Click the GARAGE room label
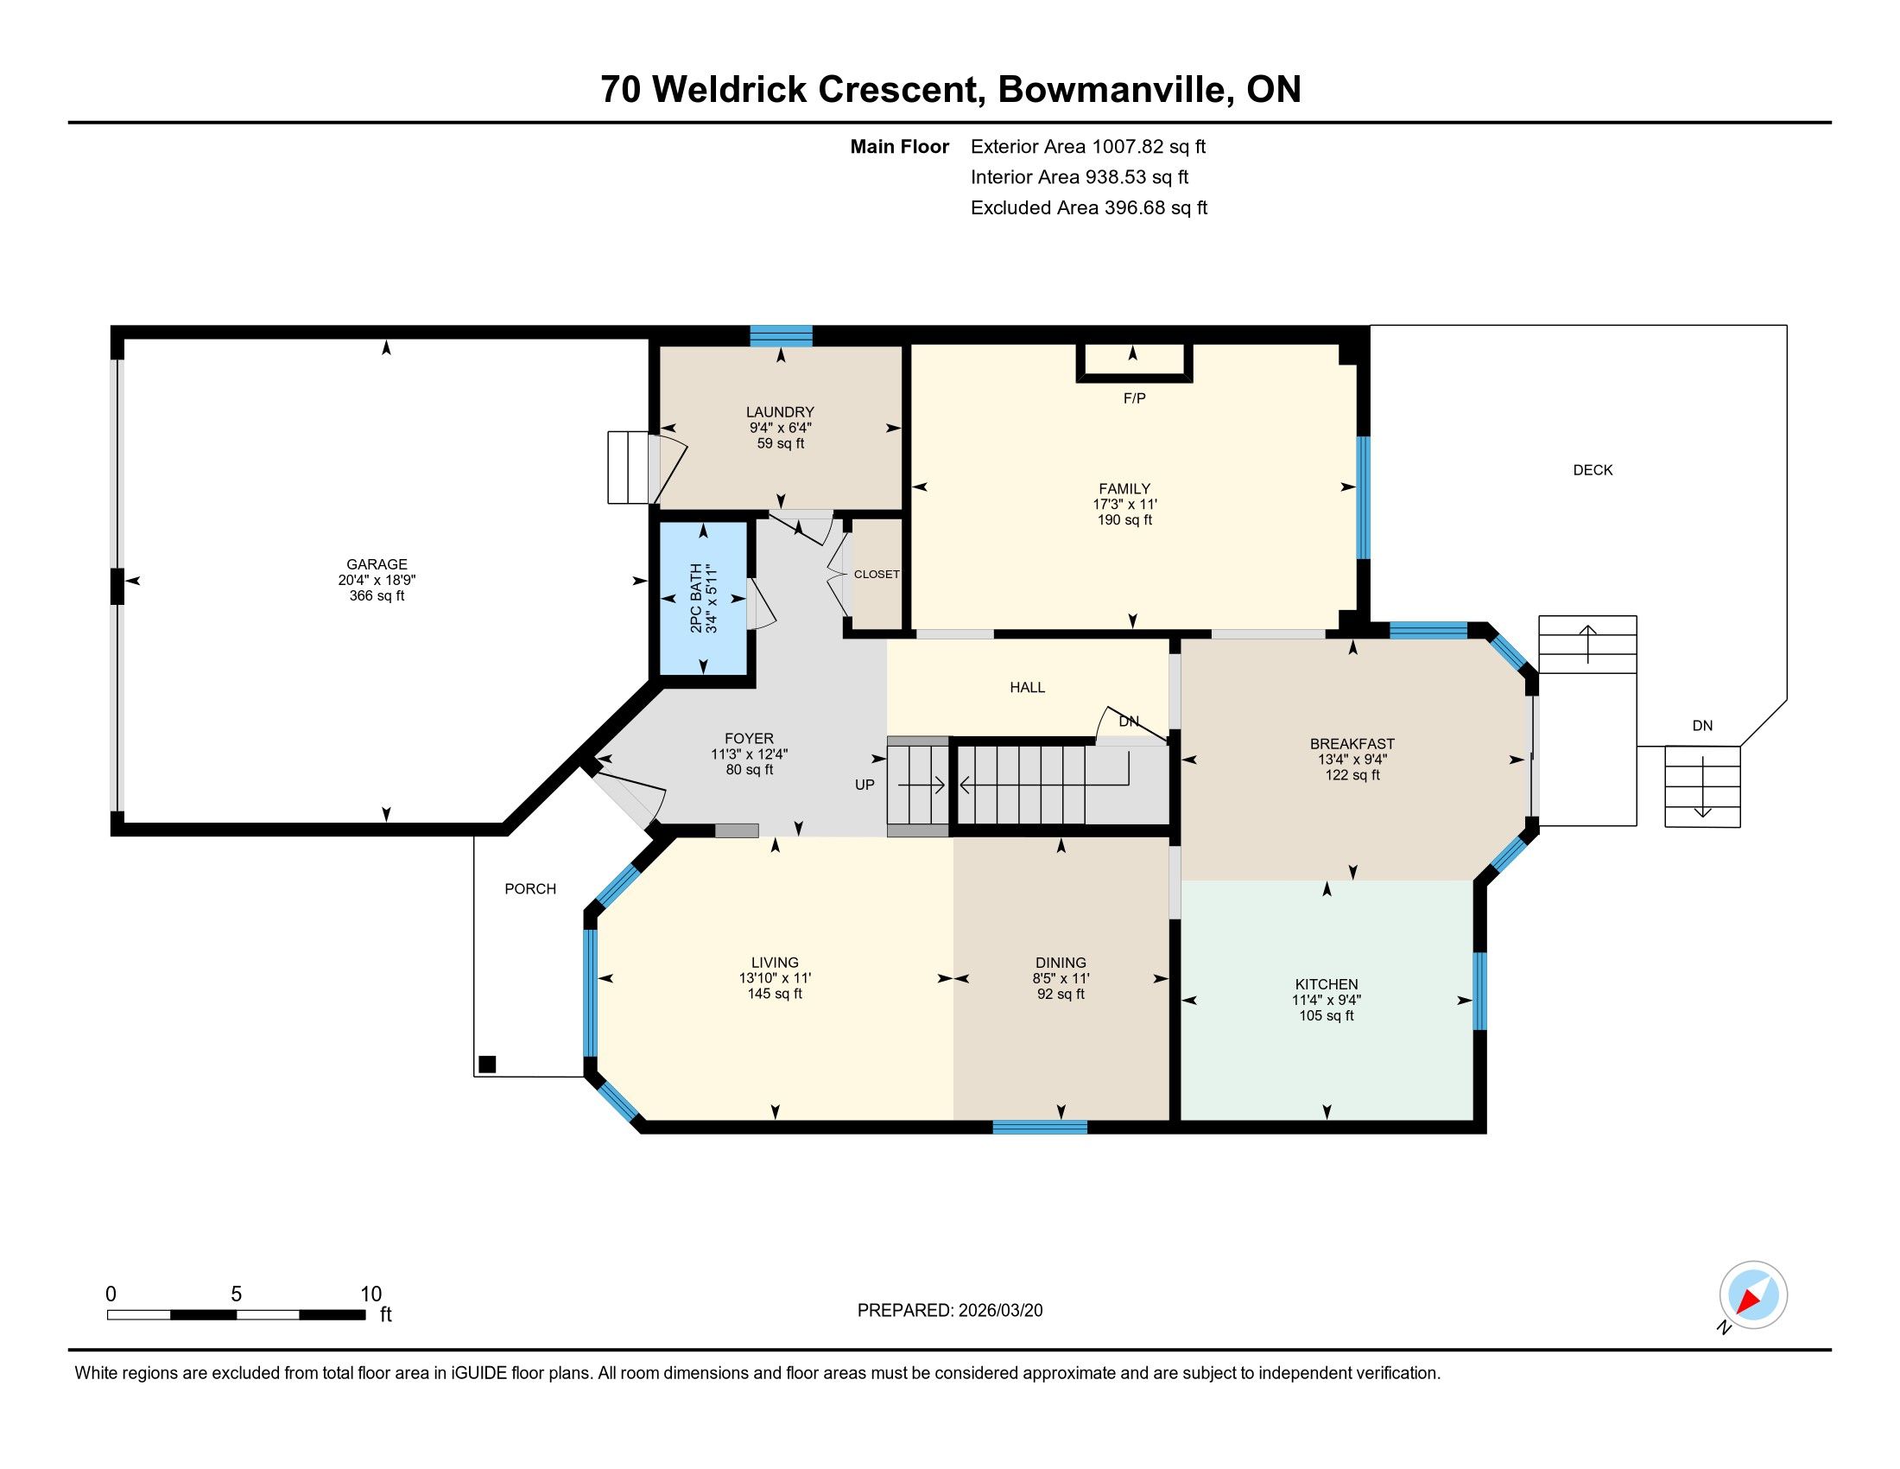pyautogui.click(x=377, y=564)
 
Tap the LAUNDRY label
pyautogui.click(x=780, y=411)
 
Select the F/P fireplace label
pyautogui.click(x=1135, y=397)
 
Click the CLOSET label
pyautogui.click(x=876, y=575)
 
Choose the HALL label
pyautogui.click(x=1028, y=688)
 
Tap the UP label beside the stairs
pyautogui.click(x=864, y=784)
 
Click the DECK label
pyautogui.click(x=1593, y=470)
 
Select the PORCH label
pyautogui.click(x=529, y=888)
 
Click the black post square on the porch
pyautogui.click(x=487, y=1064)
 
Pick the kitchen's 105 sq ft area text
pyautogui.click(x=1326, y=1015)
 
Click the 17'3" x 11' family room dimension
pyautogui.click(x=1124, y=504)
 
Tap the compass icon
pyautogui.click(x=1753, y=1294)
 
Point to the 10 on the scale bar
pyautogui.click(x=371, y=1294)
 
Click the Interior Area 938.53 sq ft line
pyautogui.click(x=1080, y=176)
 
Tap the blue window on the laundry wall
pyautogui.click(x=781, y=336)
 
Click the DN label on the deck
pyautogui.click(x=1702, y=725)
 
